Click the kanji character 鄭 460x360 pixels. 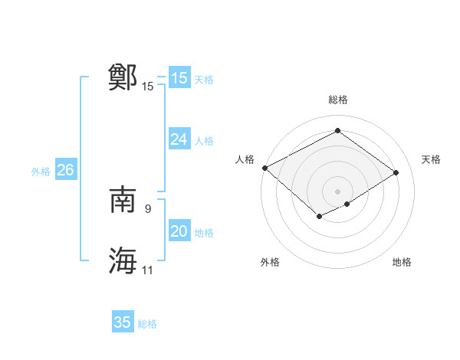[x=123, y=77]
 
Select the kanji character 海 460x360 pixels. [x=123, y=261]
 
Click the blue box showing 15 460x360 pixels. [x=179, y=78]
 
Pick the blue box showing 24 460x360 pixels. [x=179, y=139]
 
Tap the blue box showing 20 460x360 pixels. [x=179, y=231]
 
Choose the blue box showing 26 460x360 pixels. [x=65, y=170]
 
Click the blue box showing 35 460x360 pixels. [x=123, y=322]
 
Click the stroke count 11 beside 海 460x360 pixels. [x=148, y=270]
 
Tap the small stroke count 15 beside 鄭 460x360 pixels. [x=148, y=87]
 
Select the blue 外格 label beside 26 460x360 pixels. [x=41, y=172]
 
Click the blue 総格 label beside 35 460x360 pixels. [x=147, y=324]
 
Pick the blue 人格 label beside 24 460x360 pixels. [x=204, y=141]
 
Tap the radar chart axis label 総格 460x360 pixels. [x=337, y=100]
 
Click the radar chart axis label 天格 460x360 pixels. [x=432, y=159]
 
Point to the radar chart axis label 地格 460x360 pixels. [x=402, y=263]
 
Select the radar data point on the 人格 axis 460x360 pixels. [x=264, y=168]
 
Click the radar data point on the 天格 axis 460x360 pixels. [x=396, y=172]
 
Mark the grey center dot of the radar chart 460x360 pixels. [x=337, y=191]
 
